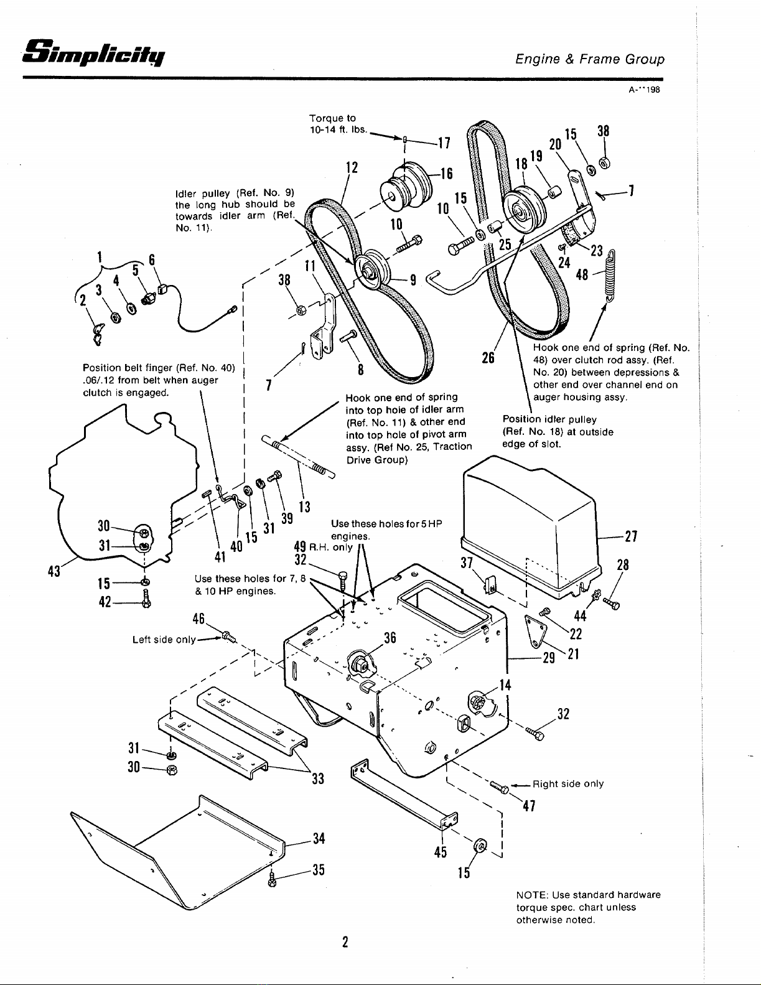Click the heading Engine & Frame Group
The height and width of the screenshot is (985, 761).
click(590, 59)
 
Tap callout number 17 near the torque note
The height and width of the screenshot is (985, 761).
click(444, 143)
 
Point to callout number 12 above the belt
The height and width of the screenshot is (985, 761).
click(352, 167)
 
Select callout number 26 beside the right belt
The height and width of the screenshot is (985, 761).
click(488, 358)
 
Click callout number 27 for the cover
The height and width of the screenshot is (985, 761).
click(632, 537)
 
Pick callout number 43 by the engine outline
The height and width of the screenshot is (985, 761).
click(54, 571)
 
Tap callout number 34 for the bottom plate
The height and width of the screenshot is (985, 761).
click(319, 839)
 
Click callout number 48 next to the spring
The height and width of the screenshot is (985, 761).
click(582, 274)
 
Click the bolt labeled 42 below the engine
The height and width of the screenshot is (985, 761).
click(146, 598)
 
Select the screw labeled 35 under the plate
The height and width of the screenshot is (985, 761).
click(272, 880)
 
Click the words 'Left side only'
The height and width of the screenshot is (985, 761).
click(164, 640)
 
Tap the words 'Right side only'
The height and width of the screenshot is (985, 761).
click(568, 784)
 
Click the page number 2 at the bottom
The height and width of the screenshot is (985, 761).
click(345, 942)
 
